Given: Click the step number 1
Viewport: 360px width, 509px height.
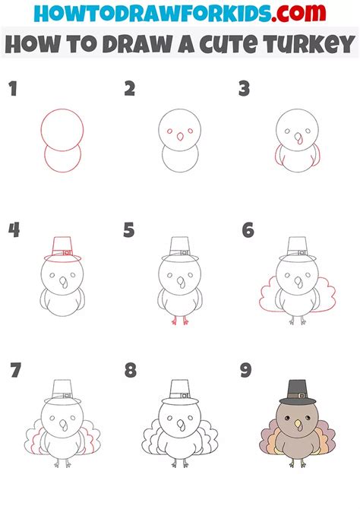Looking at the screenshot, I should click(12, 90).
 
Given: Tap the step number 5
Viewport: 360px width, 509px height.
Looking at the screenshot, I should click(129, 229).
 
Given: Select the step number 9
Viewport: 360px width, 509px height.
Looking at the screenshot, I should click(246, 371).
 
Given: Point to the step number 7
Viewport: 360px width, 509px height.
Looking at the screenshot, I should click(15, 371).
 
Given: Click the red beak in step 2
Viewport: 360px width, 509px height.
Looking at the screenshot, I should click(179, 138).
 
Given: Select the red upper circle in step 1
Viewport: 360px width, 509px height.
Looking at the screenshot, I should click(62, 130).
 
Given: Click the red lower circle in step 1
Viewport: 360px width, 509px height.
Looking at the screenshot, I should click(62, 161).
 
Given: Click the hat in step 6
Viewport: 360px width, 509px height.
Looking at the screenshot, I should click(296, 249).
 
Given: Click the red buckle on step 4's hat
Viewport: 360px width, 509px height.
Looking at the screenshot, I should click(66, 252).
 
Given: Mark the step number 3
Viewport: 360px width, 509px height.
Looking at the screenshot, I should click(245, 90).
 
